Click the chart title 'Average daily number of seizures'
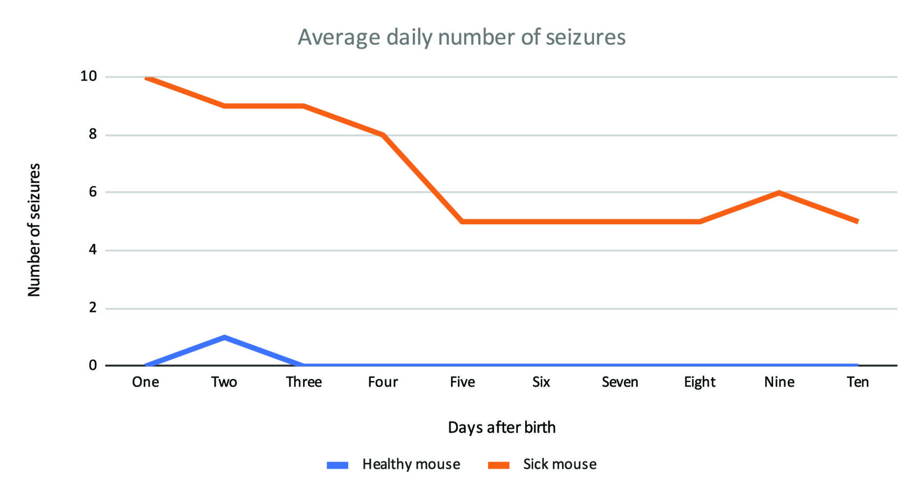pyautogui.click(x=461, y=37)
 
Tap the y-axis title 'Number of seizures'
pyautogui.click(x=34, y=230)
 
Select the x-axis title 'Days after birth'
pyautogui.click(x=502, y=427)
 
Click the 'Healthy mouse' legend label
pyautogui.click(x=411, y=464)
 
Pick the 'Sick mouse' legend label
pyautogui.click(x=559, y=464)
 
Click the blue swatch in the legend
pyautogui.click(x=337, y=465)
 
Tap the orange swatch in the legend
pyautogui.click(x=498, y=465)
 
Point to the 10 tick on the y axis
pyautogui.click(x=89, y=76)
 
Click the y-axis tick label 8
pyautogui.click(x=93, y=134)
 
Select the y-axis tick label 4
pyautogui.click(x=93, y=250)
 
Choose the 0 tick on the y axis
pyautogui.click(x=93, y=365)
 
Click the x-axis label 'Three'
pyautogui.click(x=304, y=382)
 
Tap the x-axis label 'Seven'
pyautogui.click(x=620, y=382)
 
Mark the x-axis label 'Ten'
pyautogui.click(x=858, y=382)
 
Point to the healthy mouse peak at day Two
pyautogui.click(x=224, y=337)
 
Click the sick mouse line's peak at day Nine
pyautogui.click(x=779, y=193)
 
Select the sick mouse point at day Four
pyautogui.click(x=383, y=135)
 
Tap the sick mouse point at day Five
pyautogui.click(x=462, y=221)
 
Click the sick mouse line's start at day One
pyautogui.click(x=146, y=78)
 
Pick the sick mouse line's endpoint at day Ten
pyautogui.click(x=857, y=221)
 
